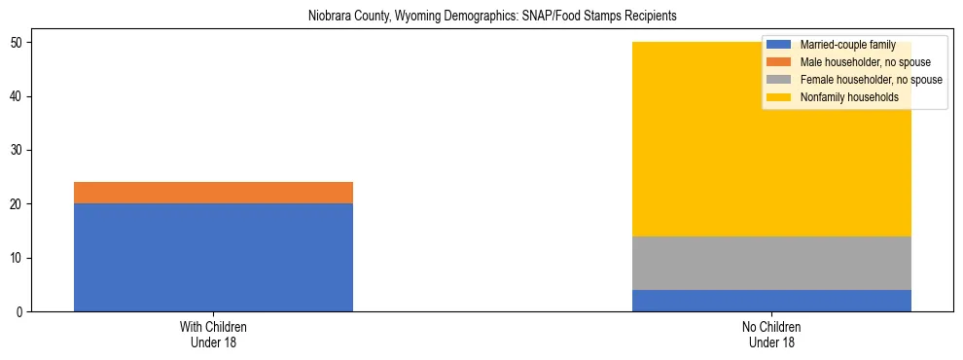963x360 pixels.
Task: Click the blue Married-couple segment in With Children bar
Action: pos(213,257)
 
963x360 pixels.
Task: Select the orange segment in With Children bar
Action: pos(213,193)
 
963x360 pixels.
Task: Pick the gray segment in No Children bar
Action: pos(771,263)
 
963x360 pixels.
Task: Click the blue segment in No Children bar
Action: pos(771,301)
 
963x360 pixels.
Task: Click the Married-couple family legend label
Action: pos(847,46)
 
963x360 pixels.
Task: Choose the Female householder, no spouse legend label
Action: pos(871,80)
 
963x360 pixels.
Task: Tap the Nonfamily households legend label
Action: pos(849,97)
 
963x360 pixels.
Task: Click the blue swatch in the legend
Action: pos(779,46)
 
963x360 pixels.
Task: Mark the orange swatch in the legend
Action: pos(779,63)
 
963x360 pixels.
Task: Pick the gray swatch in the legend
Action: pos(779,80)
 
